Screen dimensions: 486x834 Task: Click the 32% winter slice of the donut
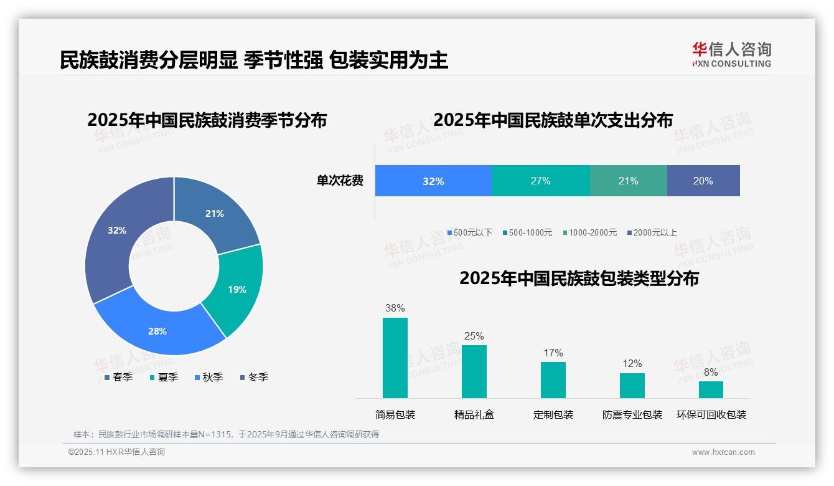tap(118, 237)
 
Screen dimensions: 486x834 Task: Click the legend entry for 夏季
tap(164, 377)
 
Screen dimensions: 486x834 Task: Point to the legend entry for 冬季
tap(253, 377)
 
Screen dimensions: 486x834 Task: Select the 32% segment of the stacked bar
tap(433, 181)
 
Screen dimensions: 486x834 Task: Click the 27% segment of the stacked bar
tap(540, 181)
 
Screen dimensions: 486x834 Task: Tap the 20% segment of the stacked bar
tap(703, 181)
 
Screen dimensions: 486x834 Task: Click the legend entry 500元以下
tap(469, 232)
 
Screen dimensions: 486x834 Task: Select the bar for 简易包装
tap(395, 358)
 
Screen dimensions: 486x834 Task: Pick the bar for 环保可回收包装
tap(711, 389)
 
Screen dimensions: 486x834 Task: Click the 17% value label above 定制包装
tap(553, 353)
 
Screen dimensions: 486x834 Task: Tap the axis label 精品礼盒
tap(474, 414)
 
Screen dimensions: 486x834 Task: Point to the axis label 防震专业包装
tap(632, 414)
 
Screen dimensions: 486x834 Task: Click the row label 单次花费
tap(340, 181)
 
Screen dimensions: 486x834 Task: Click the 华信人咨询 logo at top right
tap(731, 54)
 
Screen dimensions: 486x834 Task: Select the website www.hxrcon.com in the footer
tap(723, 452)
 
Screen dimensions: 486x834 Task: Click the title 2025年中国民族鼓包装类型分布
tap(579, 278)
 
